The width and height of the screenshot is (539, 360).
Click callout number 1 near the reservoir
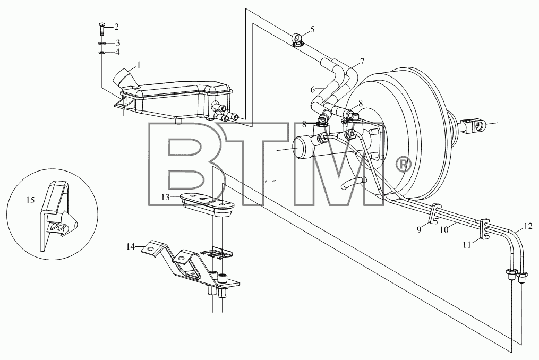tap(139, 65)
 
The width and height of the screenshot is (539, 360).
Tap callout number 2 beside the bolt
tap(116, 27)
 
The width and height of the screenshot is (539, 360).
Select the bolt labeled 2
tap(102, 29)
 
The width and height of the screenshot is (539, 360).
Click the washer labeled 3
tap(102, 44)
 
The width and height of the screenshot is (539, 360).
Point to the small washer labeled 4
tap(102, 52)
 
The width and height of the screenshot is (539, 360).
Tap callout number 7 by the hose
tap(362, 62)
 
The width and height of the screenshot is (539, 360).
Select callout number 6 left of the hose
tap(312, 90)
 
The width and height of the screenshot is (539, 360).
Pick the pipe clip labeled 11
tap(484, 228)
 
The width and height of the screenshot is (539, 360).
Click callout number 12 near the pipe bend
tap(528, 226)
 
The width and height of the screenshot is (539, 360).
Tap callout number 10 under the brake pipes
tap(444, 230)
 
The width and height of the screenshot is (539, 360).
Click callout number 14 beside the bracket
tap(130, 246)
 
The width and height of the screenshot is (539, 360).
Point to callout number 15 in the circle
tap(30, 200)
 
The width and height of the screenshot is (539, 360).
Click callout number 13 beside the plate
tap(166, 197)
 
